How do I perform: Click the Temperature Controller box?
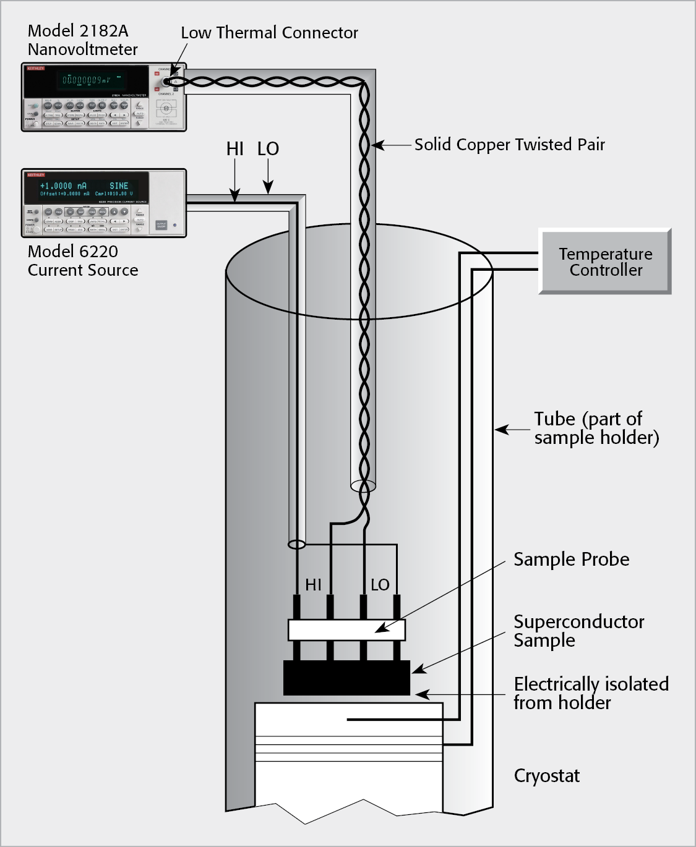pos(606,262)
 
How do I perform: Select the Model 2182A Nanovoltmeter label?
pos(82,40)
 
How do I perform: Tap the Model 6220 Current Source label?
pos(82,260)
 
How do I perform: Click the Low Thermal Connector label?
pos(269,33)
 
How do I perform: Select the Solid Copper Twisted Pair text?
pos(509,145)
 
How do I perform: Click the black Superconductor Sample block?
pos(346,678)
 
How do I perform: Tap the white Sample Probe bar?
pos(346,630)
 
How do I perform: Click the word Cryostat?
pos(547,776)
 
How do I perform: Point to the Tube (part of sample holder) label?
pos(596,428)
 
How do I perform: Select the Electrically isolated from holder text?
pos(591,693)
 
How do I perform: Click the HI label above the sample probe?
pos(313,585)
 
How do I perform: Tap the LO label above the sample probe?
pos(380,585)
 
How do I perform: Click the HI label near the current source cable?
pos(234,149)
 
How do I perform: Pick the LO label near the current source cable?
pos(268,149)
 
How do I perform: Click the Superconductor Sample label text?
pos(578,631)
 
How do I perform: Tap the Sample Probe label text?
pos(571,560)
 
